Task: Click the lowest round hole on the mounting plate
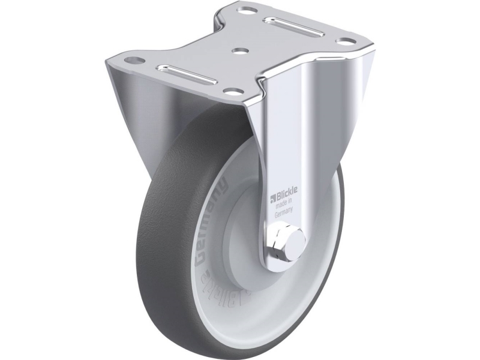230,92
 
